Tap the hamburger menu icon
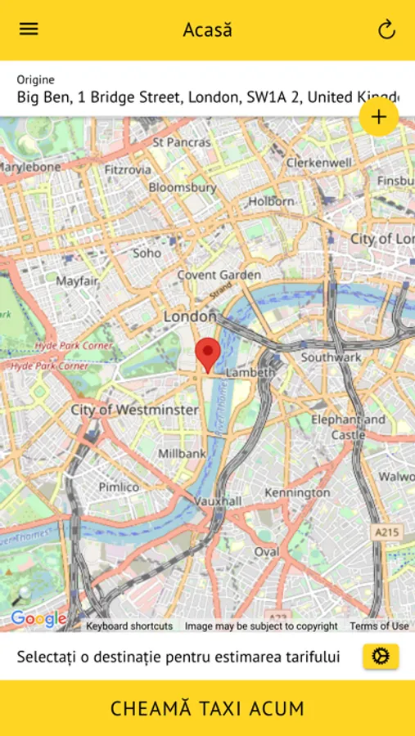(x=29, y=29)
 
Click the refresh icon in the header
(x=386, y=30)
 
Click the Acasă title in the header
(x=207, y=30)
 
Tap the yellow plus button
(x=378, y=117)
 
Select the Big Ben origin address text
(x=207, y=97)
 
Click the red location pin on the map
(x=208, y=354)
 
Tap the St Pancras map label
(x=181, y=141)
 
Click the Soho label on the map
(x=147, y=253)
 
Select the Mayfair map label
(x=77, y=280)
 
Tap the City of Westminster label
(x=134, y=409)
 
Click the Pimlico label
(x=119, y=487)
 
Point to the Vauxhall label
(x=218, y=500)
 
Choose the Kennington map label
(x=297, y=493)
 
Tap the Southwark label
(x=331, y=357)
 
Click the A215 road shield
(x=386, y=532)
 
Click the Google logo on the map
(x=38, y=619)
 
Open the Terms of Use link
(x=379, y=626)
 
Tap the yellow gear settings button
(x=381, y=656)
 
